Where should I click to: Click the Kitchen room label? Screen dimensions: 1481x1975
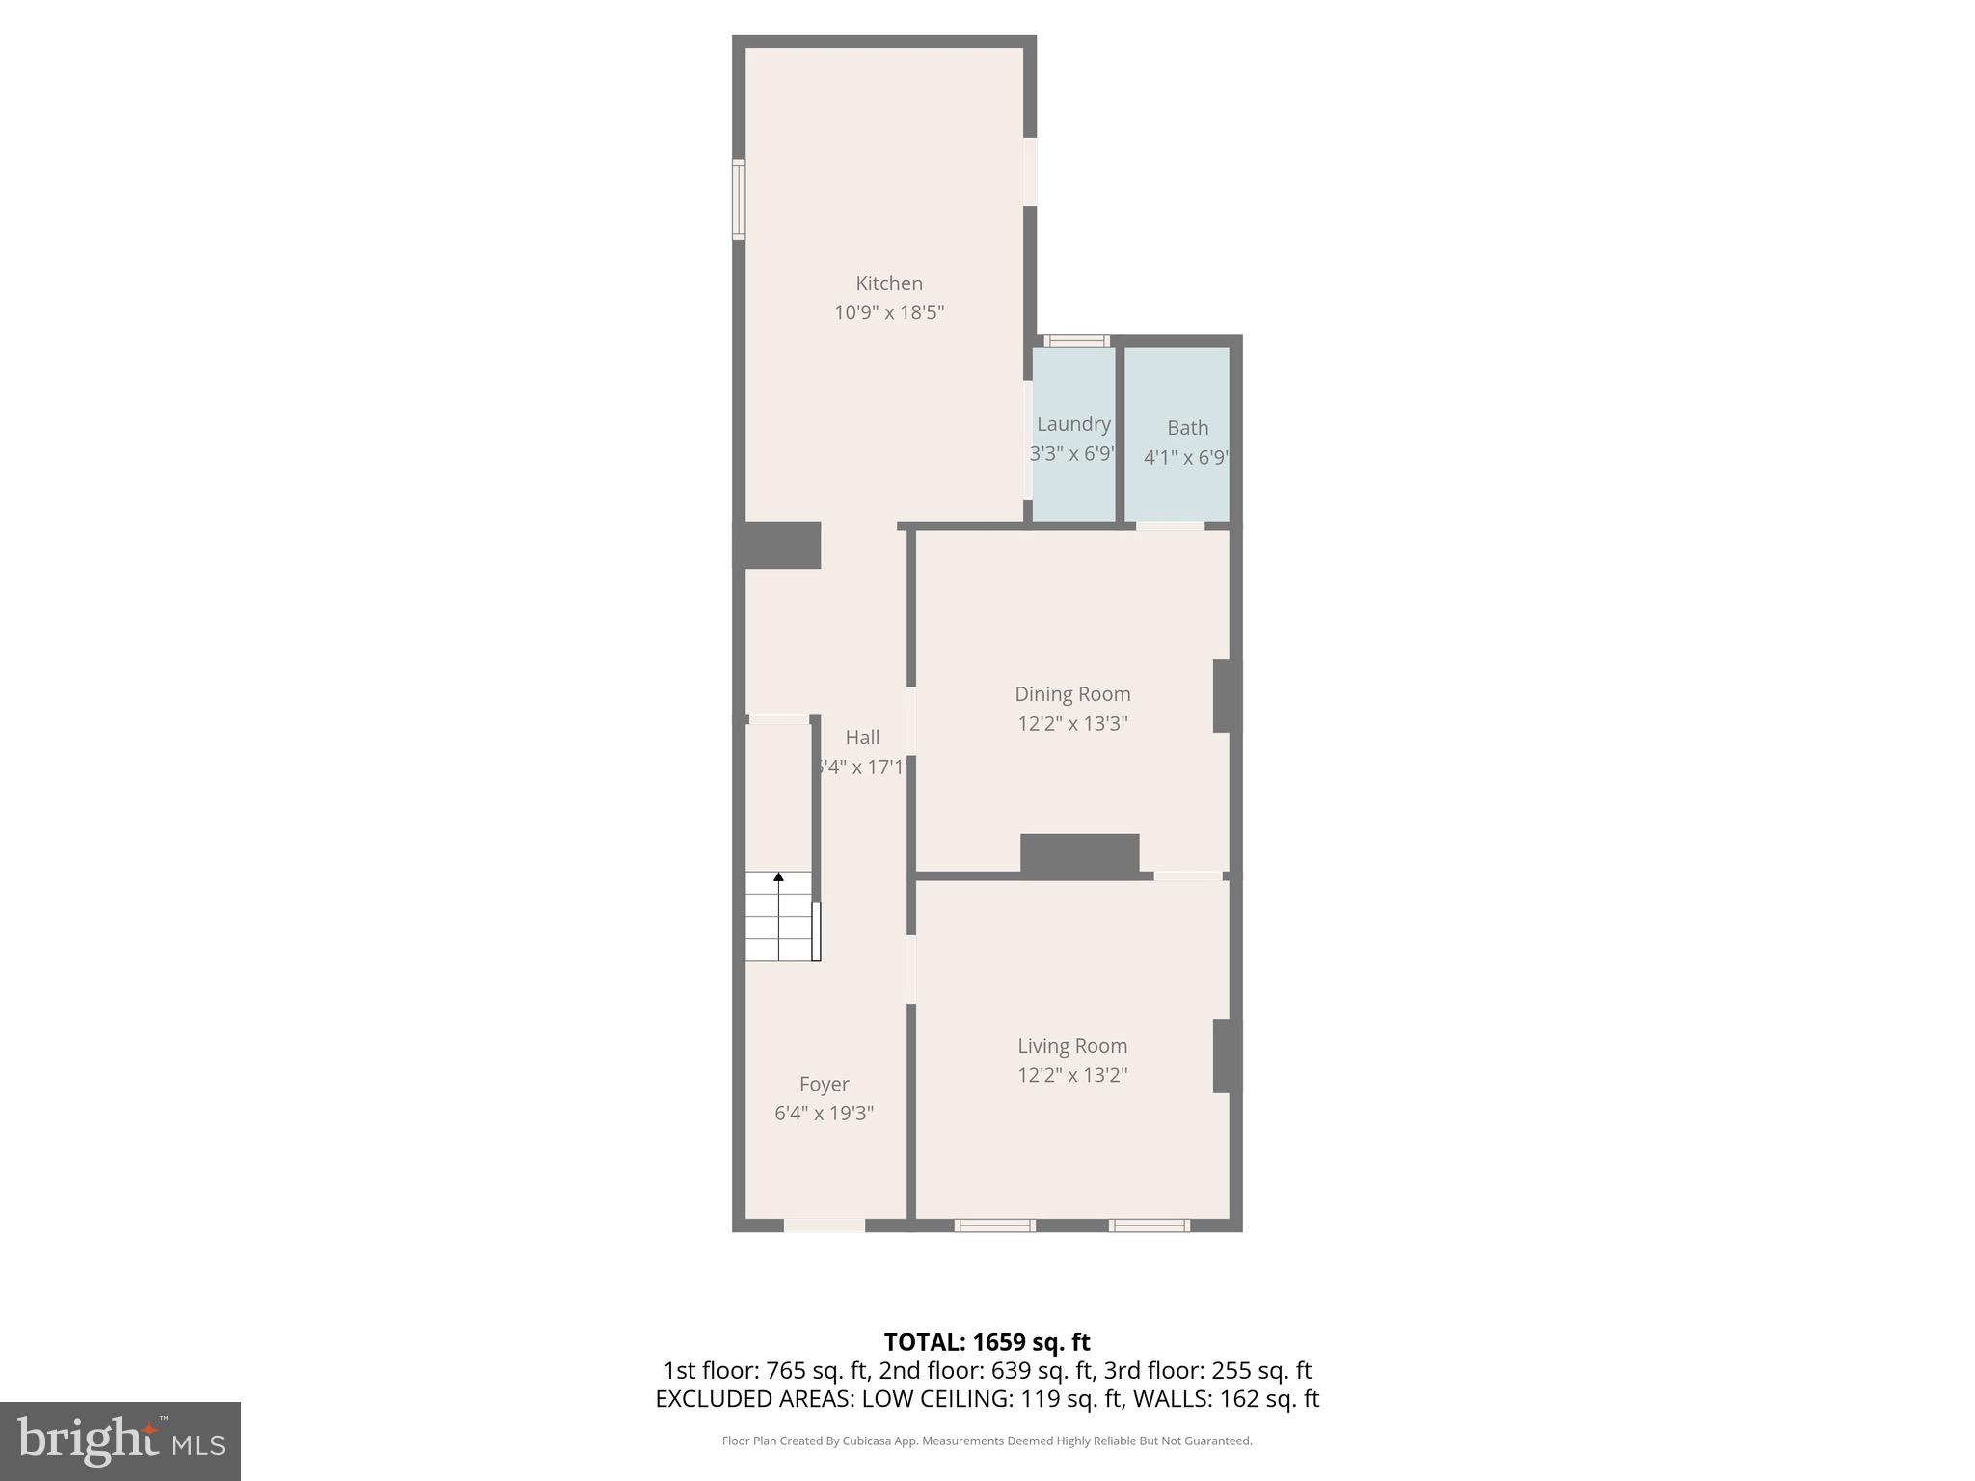click(x=889, y=283)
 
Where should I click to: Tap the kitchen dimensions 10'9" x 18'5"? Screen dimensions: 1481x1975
click(x=889, y=312)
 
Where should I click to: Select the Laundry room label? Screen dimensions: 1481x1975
click(x=1073, y=424)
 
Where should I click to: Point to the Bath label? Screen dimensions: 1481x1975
click(x=1187, y=428)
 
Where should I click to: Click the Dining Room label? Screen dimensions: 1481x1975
click(x=1072, y=694)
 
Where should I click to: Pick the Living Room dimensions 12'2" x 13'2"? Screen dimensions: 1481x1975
click(x=1072, y=1075)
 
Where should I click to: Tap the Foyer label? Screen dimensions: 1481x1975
click(x=825, y=1084)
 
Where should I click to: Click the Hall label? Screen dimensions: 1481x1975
click(x=862, y=738)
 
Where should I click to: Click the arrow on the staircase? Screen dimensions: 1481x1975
click(x=778, y=877)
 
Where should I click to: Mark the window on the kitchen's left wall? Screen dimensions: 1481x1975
click(x=739, y=200)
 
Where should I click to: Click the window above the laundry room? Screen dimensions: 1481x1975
click(x=1077, y=340)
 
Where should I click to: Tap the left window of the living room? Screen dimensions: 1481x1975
click(x=994, y=1225)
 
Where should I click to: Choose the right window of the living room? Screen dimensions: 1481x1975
click(x=1149, y=1225)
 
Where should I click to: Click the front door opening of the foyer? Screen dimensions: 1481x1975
click(x=824, y=1225)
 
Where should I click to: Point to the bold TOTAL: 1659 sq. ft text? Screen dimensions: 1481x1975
click(x=987, y=1342)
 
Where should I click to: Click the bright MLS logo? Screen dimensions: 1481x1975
click(x=121, y=1441)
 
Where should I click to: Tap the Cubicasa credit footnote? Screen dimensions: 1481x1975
click(x=987, y=1441)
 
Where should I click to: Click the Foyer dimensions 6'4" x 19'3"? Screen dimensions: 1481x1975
click(x=825, y=1114)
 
